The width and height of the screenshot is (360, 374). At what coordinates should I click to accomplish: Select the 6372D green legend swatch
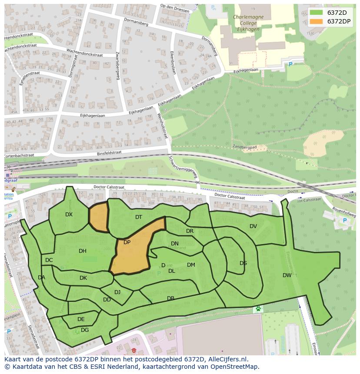click(x=317, y=13)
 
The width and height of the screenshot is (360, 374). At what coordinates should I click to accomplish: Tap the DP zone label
click(x=127, y=242)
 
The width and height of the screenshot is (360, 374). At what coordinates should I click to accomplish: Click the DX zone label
click(x=69, y=215)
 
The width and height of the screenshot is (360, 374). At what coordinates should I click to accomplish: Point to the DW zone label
click(x=287, y=275)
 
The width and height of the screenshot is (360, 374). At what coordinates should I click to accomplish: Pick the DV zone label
click(x=253, y=226)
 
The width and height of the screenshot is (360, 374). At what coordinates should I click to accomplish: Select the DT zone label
click(x=139, y=217)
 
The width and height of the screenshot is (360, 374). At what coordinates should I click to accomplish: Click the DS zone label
click(x=243, y=263)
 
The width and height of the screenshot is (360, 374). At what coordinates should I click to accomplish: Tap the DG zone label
click(x=85, y=330)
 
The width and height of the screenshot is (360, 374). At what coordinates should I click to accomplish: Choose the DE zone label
click(x=81, y=319)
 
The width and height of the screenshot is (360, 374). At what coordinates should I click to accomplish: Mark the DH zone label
click(x=83, y=251)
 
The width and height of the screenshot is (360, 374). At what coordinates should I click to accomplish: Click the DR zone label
click(x=190, y=231)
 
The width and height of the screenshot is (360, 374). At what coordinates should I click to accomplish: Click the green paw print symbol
click(x=258, y=309)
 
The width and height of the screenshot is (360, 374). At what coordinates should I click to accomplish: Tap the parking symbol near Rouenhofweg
click(x=345, y=221)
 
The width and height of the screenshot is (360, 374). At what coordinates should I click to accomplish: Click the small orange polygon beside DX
click(x=98, y=217)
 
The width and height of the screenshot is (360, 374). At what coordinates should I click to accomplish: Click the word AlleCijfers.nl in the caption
click(x=228, y=360)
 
